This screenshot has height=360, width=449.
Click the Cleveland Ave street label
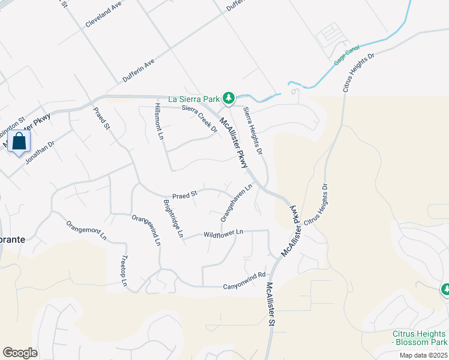104,13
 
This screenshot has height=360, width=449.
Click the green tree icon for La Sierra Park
228,98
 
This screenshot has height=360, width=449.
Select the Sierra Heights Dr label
253,131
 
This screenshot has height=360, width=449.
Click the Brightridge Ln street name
172,217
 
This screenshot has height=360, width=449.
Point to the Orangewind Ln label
146,230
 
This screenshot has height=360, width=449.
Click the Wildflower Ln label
223,233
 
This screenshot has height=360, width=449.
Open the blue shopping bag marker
20,142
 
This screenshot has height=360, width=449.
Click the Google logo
20,353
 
